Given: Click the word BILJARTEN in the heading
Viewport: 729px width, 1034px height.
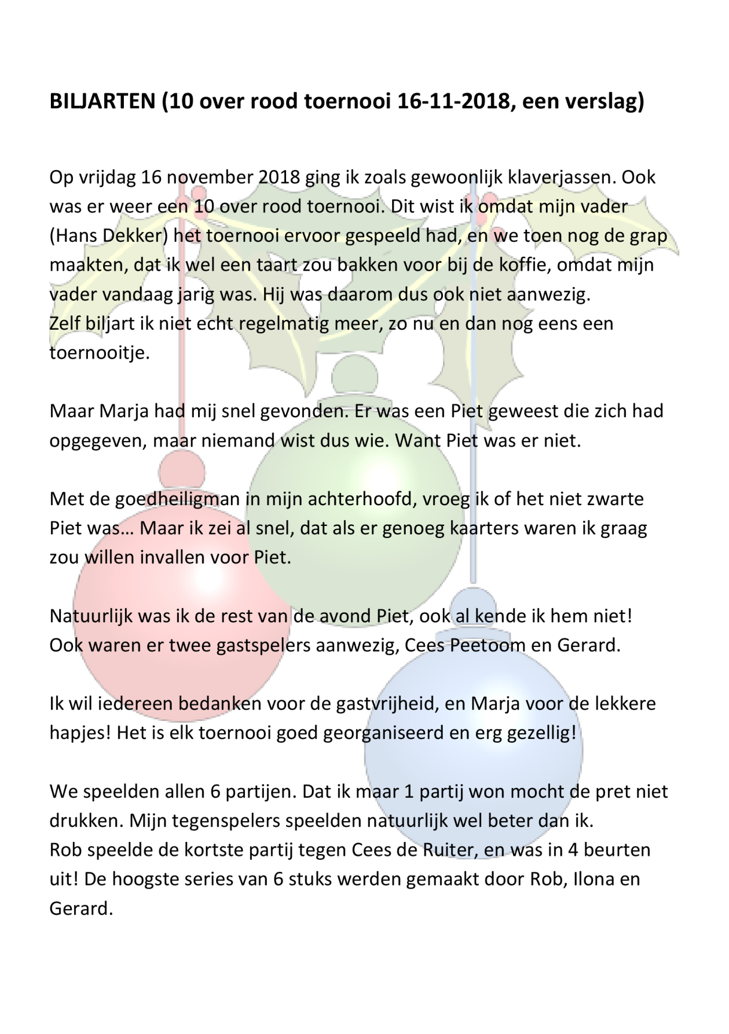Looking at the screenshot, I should pyautogui.click(x=102, y=102).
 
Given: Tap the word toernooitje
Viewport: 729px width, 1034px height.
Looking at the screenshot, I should pyautogui.click(x=99, y=352).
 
